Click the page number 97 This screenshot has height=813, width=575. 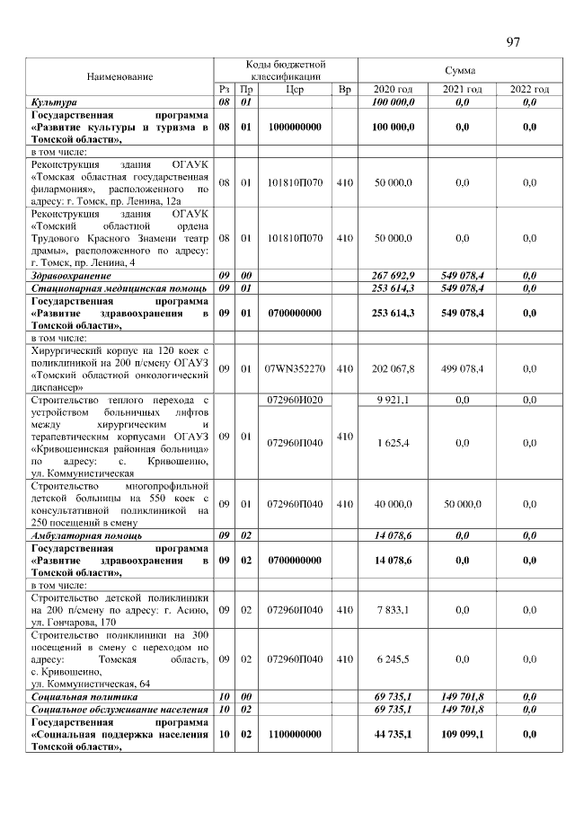[x=513, y=42]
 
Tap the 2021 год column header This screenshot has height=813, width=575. [x=462, y=90]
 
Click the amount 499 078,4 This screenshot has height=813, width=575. [x=462, y=368]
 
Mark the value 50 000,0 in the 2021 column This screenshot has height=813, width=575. [x=462, y=505]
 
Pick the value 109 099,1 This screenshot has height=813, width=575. [x=462, y=734]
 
